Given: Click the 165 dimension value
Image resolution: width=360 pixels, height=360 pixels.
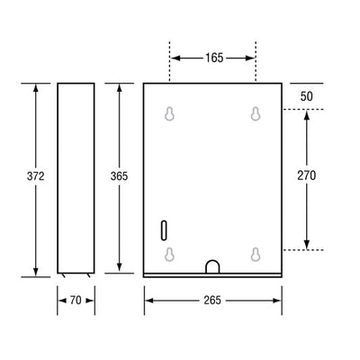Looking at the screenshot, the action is click(x=214, y=58).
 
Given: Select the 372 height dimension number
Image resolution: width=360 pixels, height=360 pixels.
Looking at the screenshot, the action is click(x=36, y=176).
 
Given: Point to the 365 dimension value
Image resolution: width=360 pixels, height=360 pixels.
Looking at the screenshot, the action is click(x=119, y=176).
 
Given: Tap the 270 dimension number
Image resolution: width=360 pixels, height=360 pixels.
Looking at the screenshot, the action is click(x=307, y=175).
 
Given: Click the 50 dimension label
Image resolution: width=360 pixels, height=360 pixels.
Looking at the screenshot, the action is click(x=307, y=96).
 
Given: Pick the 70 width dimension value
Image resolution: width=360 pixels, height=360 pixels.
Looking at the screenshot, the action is click(x=76, y=300).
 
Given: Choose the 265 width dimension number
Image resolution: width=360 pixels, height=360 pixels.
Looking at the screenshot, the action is click(x=212, y=300).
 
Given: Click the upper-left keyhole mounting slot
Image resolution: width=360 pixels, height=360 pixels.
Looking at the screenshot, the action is click(x=169, y=114).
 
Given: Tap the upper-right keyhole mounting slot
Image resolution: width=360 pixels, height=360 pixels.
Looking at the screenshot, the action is click(x=256, y=114).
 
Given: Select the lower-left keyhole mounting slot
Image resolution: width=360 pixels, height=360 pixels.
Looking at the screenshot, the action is click(x=169, y=255).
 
